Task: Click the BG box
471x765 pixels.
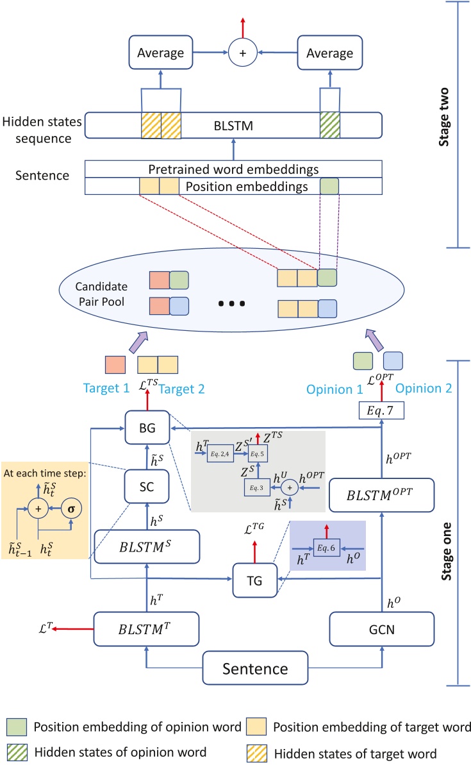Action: [x=142, y=426]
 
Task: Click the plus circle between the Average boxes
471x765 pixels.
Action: [x=243, y=54]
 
